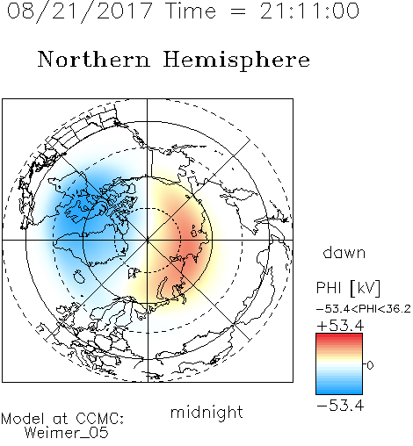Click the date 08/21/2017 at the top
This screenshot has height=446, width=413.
pos(79,11)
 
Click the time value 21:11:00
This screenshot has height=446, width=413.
pos(309,11)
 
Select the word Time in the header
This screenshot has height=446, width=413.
pos(191,11)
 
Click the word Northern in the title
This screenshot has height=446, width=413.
pos(94,59)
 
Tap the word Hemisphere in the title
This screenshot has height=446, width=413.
pos(236,61)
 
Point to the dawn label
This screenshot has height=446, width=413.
pos(344,252)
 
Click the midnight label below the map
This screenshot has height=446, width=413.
pos(206,412)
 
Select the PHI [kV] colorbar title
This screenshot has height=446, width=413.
pos(348,288)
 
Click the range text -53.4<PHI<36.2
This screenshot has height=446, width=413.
pos(364,309)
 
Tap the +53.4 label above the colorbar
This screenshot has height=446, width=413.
pos(340,326)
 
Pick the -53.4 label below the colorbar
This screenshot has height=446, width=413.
pos(340,406)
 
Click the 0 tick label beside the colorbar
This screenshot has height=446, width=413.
pos(370,365)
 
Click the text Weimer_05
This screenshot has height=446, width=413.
pos(67,433)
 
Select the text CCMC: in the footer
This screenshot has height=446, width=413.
pos(99,419)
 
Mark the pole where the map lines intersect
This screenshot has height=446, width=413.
pos(148,240)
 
